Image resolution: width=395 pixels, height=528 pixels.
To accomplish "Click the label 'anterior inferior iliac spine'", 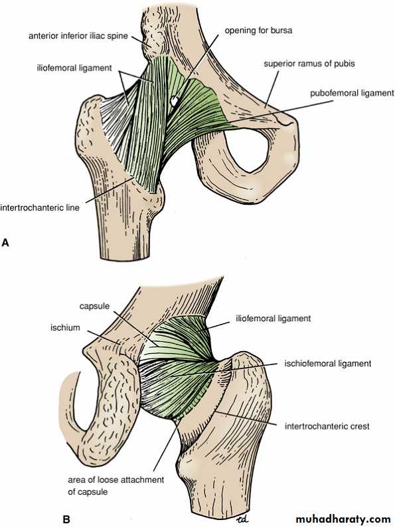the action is coord(78,36).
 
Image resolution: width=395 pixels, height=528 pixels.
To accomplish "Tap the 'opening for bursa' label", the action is coord(258,31).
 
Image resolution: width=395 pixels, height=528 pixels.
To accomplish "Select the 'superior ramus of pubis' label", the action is coord(309,63).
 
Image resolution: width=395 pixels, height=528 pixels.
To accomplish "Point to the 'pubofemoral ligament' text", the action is coord(352,93).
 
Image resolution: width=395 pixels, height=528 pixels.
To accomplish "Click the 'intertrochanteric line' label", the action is coord(40,207).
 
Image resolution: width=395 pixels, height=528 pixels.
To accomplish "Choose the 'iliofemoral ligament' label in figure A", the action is coord(74,68).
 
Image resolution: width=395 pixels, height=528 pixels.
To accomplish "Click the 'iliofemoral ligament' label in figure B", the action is coord(274,319).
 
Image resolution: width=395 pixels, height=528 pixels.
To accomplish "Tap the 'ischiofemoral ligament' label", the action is coord(328,364).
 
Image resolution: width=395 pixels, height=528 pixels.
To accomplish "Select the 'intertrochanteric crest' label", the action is coord(327,426).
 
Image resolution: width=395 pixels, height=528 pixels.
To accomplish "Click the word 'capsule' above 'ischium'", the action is coord(94,306).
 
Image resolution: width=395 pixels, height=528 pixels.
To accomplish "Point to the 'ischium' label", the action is coord(65,327).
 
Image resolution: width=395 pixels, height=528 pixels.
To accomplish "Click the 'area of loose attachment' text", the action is coord(116,479).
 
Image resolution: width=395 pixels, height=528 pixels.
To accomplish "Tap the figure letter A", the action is coord(5,243).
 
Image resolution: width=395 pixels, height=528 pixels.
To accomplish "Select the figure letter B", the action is coord(66,519).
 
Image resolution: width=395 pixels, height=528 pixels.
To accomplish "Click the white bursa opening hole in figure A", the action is coord(174,100).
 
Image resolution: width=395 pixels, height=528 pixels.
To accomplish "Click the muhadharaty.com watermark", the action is coord(343,519).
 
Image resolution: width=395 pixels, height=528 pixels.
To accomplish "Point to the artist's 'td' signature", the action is coord(242,520).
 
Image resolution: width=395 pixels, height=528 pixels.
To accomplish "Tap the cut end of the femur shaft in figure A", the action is coord(125,257).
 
